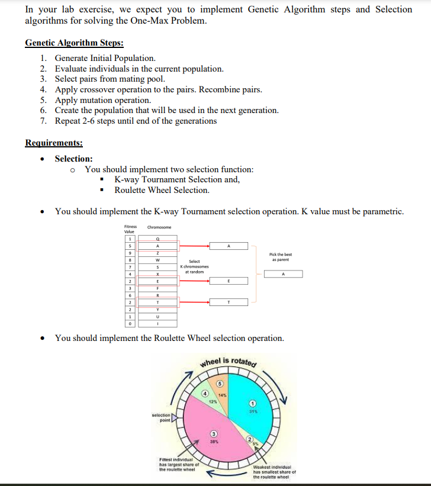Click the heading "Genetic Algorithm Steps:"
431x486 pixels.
coord(74,43)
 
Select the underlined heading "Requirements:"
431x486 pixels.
coord(54,143)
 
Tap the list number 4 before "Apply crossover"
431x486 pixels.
coord(43,90)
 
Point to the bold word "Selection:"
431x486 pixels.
coord(73,159)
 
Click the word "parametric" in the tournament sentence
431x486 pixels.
coord(378,211)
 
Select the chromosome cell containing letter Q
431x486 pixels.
coord(157,238)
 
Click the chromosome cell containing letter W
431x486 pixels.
coord(157,260)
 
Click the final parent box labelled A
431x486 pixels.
coord(283,274)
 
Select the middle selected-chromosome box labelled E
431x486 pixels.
coord(229,282)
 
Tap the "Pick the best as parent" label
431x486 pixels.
coord(281,258)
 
